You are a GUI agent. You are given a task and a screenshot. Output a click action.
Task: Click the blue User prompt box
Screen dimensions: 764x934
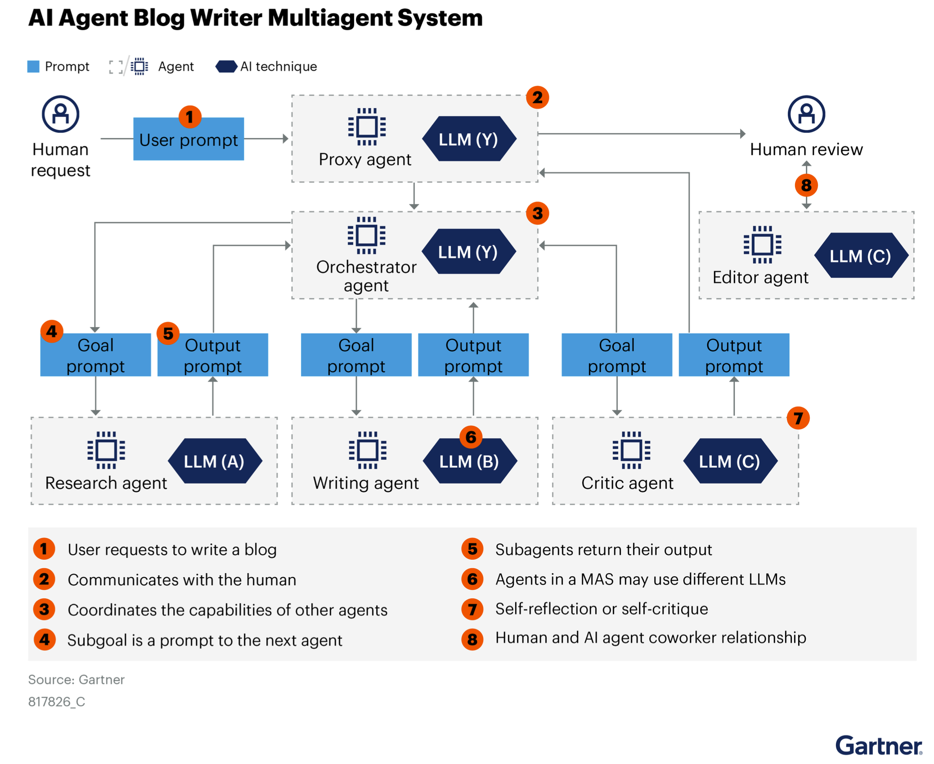(x=188, y=139)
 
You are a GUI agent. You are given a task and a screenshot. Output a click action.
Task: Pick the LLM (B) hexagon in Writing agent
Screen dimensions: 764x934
(x=469, y=461)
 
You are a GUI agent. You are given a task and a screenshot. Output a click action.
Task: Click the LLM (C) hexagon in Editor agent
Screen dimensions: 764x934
(x=860, y=255)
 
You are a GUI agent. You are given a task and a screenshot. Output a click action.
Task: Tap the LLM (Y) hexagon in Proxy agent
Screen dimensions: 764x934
(x=468, y=139)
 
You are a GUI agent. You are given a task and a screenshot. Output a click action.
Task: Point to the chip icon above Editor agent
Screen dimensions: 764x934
(x=762, y=244)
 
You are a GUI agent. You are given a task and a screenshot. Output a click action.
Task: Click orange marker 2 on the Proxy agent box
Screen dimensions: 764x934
(x=537, y=97)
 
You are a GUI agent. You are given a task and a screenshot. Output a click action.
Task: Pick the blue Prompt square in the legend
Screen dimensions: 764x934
(x=33, y=67)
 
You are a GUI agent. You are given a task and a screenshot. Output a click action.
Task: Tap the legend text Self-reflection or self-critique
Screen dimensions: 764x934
(x=601, y=608)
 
